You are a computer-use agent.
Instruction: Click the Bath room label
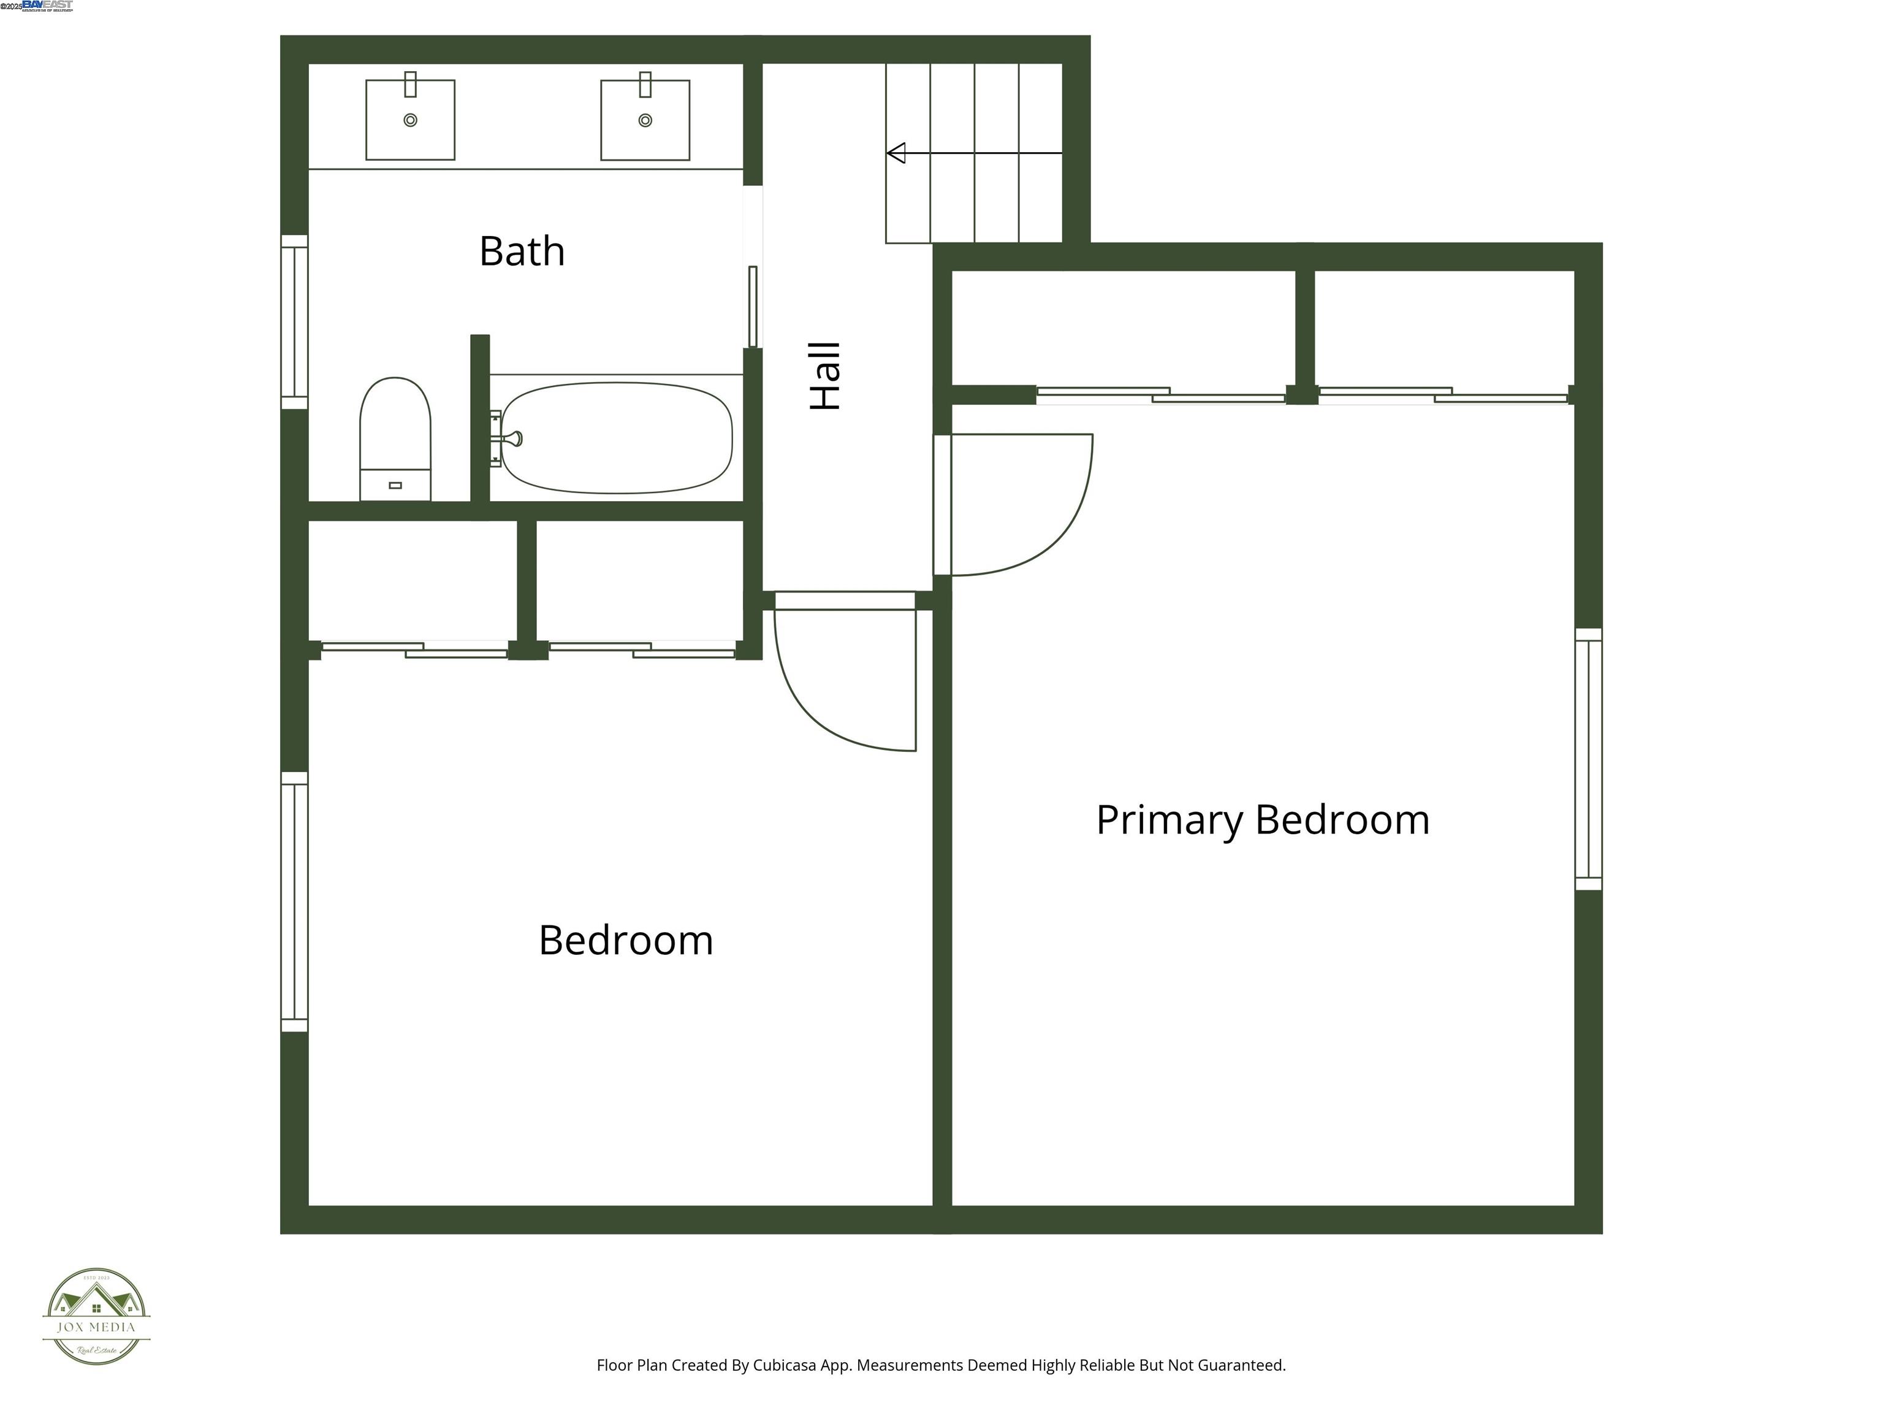click(522, 251)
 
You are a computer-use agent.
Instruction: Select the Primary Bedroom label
click(1263, 819)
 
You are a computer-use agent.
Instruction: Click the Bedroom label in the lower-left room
click(626, 940)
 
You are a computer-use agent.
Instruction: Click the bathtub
click(616, 438)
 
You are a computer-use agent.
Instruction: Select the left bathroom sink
click(410, 120)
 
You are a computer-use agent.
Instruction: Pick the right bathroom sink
click(645, 120)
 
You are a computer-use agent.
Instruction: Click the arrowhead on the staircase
click(896, 153)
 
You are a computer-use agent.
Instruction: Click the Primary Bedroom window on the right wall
click(1588, 759)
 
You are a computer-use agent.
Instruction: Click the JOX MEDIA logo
click(96, 1317)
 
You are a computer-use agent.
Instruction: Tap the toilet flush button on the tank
click(395, 486)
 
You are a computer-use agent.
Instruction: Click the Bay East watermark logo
click(47, 6)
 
